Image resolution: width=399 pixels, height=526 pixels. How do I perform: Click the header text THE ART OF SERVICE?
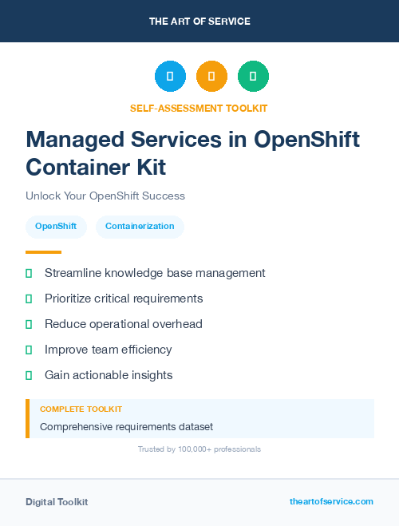pyautogui.click(x=199, y=22)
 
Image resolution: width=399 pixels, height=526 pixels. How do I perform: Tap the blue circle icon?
pyautogui.click(x=170, y=77)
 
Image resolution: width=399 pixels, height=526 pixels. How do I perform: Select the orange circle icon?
pyautogui.click(x=211, y=77)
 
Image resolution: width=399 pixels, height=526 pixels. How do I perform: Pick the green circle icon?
pyautogui.click(x=253, y=77)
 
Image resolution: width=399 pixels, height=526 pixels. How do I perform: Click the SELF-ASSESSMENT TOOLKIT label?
pyautogui.click(x=199, y=108)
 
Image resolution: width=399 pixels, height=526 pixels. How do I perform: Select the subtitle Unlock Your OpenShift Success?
pyautogui.click(x=105, y=196)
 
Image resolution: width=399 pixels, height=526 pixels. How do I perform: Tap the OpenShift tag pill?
pyautogui.click(x=56, y=227)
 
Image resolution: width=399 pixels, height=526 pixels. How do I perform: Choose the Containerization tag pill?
pyautogui.click(x=140, y=227)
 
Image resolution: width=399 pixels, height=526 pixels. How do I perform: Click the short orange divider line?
pyautogui.click(x=43, y=252)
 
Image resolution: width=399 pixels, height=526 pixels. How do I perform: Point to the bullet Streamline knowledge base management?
pyautogui.click(x=155, y=273)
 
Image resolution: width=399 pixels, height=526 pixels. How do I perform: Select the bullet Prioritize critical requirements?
pyautogui.click(x=124, y=299)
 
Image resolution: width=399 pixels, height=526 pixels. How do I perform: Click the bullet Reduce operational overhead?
pyautogui.click(x=124, y=324)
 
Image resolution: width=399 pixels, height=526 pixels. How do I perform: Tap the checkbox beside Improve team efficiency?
pyautogui.click(x=29, y=350)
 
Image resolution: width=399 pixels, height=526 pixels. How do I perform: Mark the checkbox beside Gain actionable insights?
pyautogui.click(x=29, y=375)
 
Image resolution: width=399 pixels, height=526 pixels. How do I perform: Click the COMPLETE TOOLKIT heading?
pyautogui.click(x=81, y=409)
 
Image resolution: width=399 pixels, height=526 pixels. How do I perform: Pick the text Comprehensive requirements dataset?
pyautogui.click(x=126, y=426)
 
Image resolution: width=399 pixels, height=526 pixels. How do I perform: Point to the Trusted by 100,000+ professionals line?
pyautogui.click(x=199, y=449)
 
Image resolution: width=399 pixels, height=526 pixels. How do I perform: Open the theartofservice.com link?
pyautogui.click(x=331, y=501)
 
